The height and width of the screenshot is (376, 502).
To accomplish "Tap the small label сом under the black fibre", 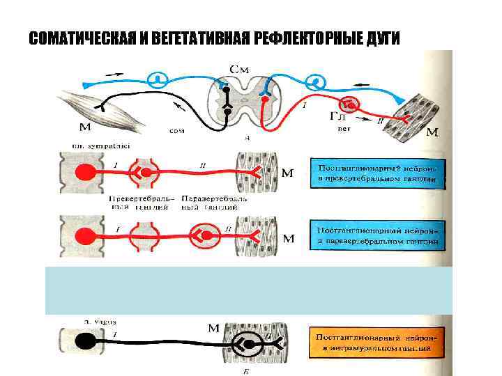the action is coord(176,130).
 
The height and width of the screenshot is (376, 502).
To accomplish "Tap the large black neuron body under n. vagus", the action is coord(86,341).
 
